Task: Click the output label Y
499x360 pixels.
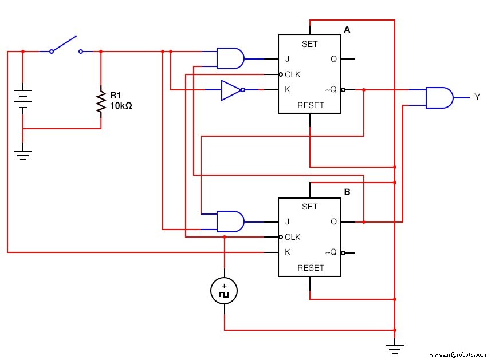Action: (x=477, y=97)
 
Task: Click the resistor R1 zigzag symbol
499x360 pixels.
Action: (x=101, y=102)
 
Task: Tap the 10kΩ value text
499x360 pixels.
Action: (x=121, y=106)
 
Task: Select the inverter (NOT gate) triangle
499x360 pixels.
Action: (x=231, y=90)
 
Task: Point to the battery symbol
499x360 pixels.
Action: (x=22, y=98)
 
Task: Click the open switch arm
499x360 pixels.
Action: (x=64, y=44)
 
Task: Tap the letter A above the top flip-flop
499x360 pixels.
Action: (x=347, y=29)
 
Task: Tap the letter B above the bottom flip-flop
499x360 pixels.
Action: (x=347, y=192)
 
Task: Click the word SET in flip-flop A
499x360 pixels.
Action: (x=309, y=44)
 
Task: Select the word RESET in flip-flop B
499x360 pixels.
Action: (x=310, y=268)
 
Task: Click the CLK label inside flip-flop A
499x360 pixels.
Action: (x=292, y=74)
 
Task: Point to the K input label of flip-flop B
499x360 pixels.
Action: (x=287, y=252)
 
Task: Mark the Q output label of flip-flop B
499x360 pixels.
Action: (x=333, y=221)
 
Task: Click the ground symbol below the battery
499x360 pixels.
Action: (x=22, y=155)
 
